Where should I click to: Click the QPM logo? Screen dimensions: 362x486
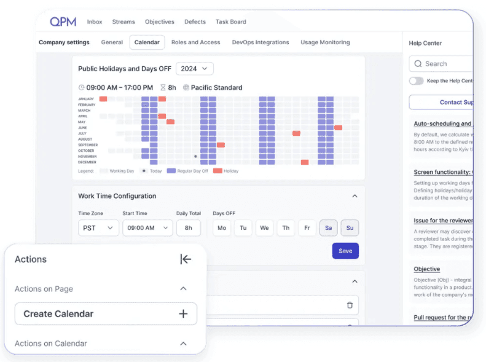click(63, 22)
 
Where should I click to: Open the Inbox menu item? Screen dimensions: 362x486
click(95, 22)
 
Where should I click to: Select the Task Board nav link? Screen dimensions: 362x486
click(230, 22)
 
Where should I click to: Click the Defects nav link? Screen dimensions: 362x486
click(195, 22)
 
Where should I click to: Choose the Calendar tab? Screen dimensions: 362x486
click(147, 42)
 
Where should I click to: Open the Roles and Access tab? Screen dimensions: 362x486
click(195, 42)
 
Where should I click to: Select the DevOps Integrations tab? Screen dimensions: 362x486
click(260, 42)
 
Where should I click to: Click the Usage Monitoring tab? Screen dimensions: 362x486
click(325, 42)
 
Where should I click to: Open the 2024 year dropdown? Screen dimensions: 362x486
click(195, 69)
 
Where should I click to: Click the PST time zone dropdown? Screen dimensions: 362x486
click(98, 228)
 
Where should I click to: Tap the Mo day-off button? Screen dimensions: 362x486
click(222, 228)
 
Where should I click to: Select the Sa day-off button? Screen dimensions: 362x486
click(328, 228)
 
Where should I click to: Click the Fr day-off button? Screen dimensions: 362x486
click(307, 228)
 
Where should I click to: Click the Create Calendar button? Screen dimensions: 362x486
click(106, 313)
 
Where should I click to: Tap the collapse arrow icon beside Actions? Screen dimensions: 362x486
click(186, 259)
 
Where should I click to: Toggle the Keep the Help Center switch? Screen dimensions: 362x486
click(417, 81)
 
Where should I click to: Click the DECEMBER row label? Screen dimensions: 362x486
click(87, 162)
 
